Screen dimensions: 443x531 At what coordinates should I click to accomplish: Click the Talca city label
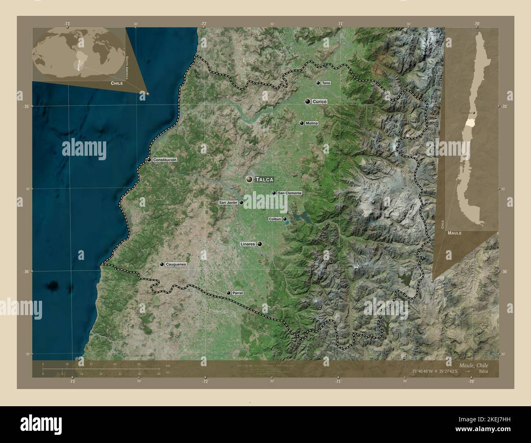click(264, 179)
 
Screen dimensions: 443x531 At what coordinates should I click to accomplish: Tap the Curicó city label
click(320, 101)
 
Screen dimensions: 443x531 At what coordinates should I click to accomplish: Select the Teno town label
click(326, 83)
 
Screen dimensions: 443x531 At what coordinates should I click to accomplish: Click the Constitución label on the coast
click(165, 160)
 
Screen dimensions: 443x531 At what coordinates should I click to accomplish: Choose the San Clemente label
click(290, 193)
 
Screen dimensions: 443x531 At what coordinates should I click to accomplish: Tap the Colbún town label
click(275, 219)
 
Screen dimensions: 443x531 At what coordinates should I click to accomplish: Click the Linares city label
click(248, 244)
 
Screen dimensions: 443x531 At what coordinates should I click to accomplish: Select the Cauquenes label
click(176, 264)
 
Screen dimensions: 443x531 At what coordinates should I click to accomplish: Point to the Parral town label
click(237, 293)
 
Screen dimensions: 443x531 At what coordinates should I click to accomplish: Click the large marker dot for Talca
click(249, 179)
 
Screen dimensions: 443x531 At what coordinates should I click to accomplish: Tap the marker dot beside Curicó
click(307, 101)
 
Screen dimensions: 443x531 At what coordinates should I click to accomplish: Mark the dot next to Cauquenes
click(162, 264)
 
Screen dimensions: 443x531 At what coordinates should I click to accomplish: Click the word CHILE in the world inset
click(116, 83)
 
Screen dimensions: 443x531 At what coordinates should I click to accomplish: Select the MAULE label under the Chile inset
click(454, 233)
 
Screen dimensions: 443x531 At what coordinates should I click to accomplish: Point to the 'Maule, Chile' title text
click(473, 365)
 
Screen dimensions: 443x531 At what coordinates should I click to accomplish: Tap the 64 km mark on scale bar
click(139, 364)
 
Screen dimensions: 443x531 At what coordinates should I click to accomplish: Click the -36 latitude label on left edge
click(25, 271)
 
